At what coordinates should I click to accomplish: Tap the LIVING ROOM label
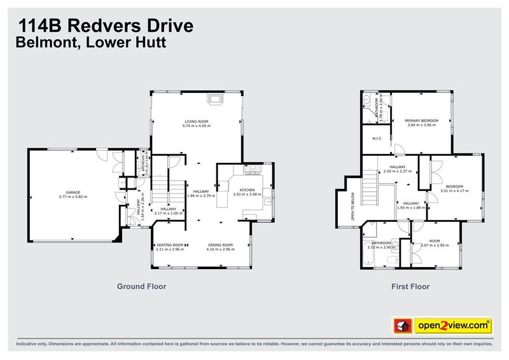[x=197, y=121]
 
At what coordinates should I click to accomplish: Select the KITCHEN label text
[x=247, y=190]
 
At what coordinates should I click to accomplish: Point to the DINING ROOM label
[x=221, y=245]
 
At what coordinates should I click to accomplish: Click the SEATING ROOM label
[x=170, y=245]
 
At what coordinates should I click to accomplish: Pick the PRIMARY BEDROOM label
[x=421, y=120]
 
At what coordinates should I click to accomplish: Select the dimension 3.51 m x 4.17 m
[x=454, y=190]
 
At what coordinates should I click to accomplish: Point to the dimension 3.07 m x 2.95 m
[x=435, y=246]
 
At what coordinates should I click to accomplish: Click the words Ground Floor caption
[x=141, y=286]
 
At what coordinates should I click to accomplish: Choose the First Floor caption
[x=410, y=286]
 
